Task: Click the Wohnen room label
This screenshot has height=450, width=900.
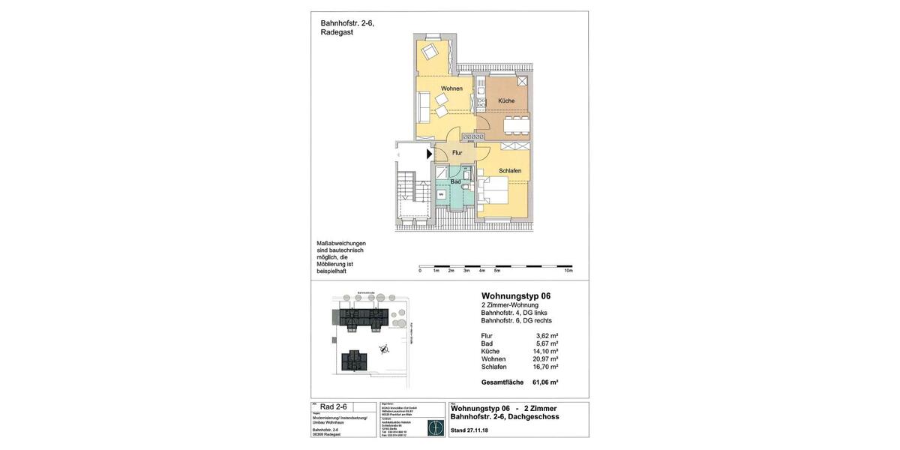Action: tap(451, 88)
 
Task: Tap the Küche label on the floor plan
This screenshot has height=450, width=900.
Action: tap(506, 100)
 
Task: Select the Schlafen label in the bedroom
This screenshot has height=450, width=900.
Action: tap(510, 171)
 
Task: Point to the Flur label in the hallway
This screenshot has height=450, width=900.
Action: tap(457, 153)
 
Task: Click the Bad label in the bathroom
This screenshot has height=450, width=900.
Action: tap(455, 181)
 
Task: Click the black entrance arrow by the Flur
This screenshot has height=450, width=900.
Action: tap(430, 154)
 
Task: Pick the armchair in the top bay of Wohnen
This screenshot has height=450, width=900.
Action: tap(430, 52)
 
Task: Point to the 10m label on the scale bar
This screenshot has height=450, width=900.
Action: tap(568, 271)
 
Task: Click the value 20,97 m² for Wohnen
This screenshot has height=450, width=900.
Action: tap(547, 359)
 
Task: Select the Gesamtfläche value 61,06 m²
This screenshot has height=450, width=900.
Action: tap(545, 382)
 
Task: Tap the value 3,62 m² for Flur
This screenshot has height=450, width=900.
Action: tap(547, 336)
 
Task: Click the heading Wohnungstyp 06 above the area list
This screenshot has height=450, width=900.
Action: tap(515, 296)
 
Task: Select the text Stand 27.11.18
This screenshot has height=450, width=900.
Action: tap(469, 431)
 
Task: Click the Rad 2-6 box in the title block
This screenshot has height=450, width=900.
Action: tap(333, 406)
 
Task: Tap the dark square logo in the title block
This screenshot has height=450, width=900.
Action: tap(434, 427)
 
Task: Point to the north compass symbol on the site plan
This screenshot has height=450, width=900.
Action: tap(383, 347)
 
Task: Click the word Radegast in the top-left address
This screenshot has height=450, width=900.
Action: tap(337, 32)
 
